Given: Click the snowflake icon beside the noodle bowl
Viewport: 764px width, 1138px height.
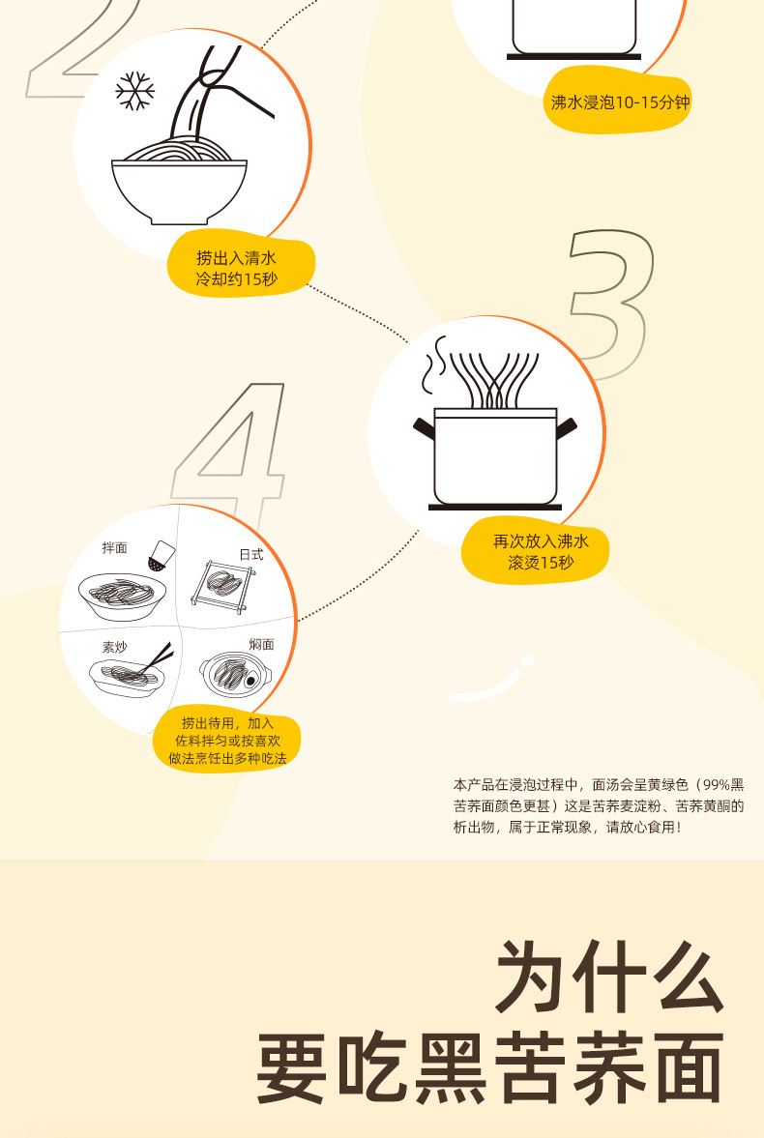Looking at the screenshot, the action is pyautogui.click(x=135, y=91).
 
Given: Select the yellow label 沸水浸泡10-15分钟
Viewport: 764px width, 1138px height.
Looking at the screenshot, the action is pyautogui.click(x=620, y=102).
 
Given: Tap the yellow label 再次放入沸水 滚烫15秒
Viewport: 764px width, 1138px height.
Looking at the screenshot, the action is pyautogui.click(x=539, y=551).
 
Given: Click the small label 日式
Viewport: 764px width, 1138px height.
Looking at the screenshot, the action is pyautogui.click(x=251, y=554).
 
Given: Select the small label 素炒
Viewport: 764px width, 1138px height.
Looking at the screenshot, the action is pyautogui.click(x=113, y=646).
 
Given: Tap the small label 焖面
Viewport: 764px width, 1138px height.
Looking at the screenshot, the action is pyautogui.click(x=261, y=644).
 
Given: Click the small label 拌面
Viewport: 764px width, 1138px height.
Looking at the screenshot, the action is pyautogui.click(x=114, y=548).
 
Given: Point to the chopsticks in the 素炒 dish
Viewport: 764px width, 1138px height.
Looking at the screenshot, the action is pyautogui.click(x=156, y=658).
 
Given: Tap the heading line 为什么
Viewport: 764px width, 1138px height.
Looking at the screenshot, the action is pyautogui.click(x=610, y=977).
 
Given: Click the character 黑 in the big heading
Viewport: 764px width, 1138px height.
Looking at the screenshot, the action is pyautogui.click(x=452, y=1069).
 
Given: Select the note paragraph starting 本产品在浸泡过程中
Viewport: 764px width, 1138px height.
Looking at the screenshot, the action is pyautogui.click(x=599, y=805).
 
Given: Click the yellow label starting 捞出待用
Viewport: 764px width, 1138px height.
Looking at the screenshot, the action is pyautogui.click(x=226, y=741).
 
